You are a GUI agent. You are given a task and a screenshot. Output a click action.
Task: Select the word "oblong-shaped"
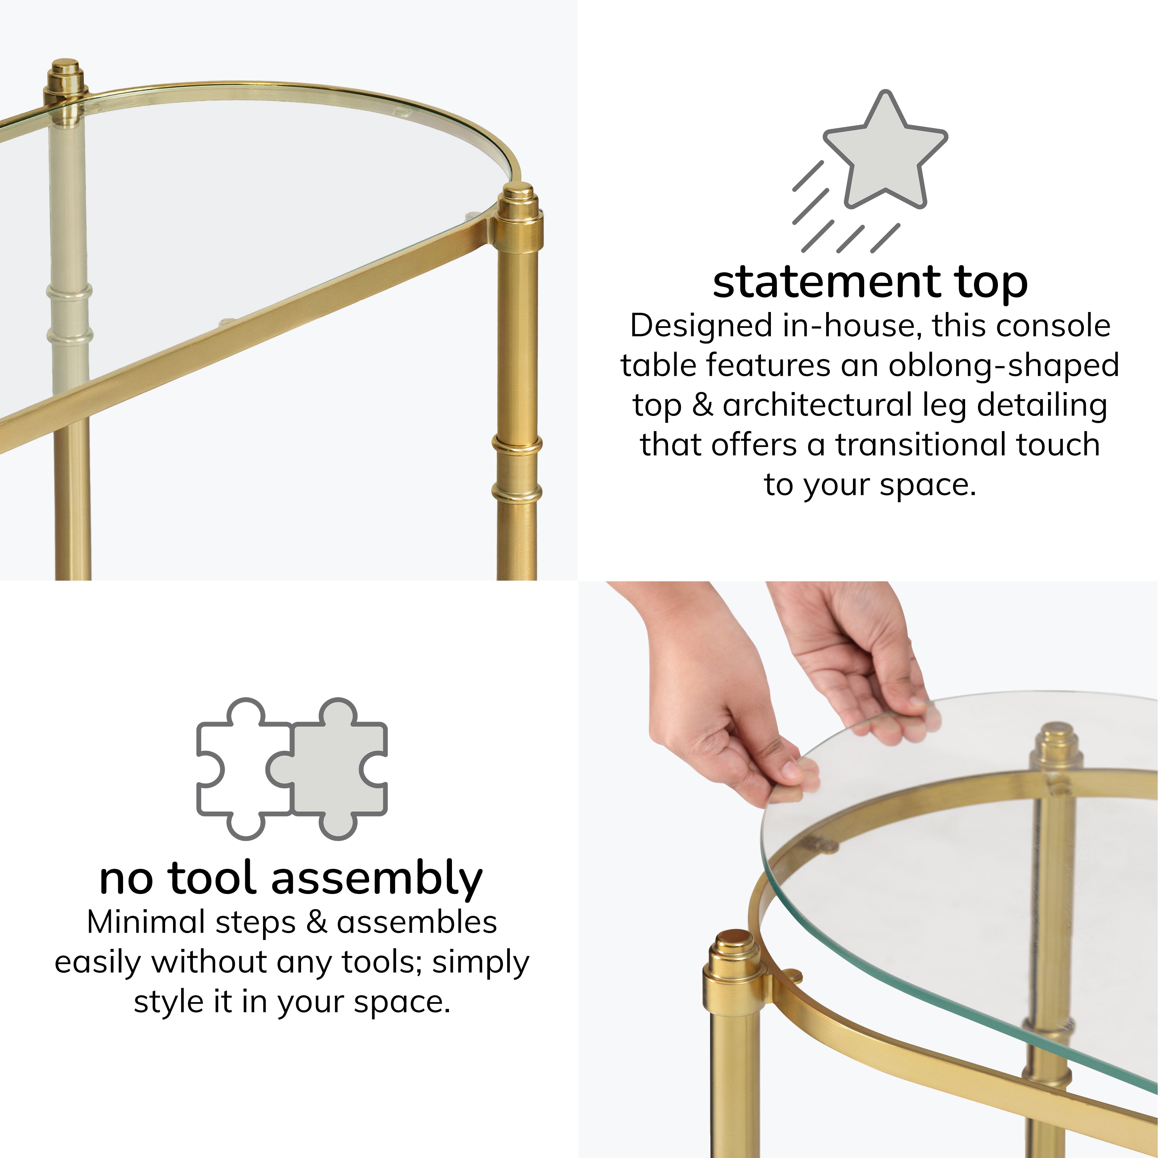1003,366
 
